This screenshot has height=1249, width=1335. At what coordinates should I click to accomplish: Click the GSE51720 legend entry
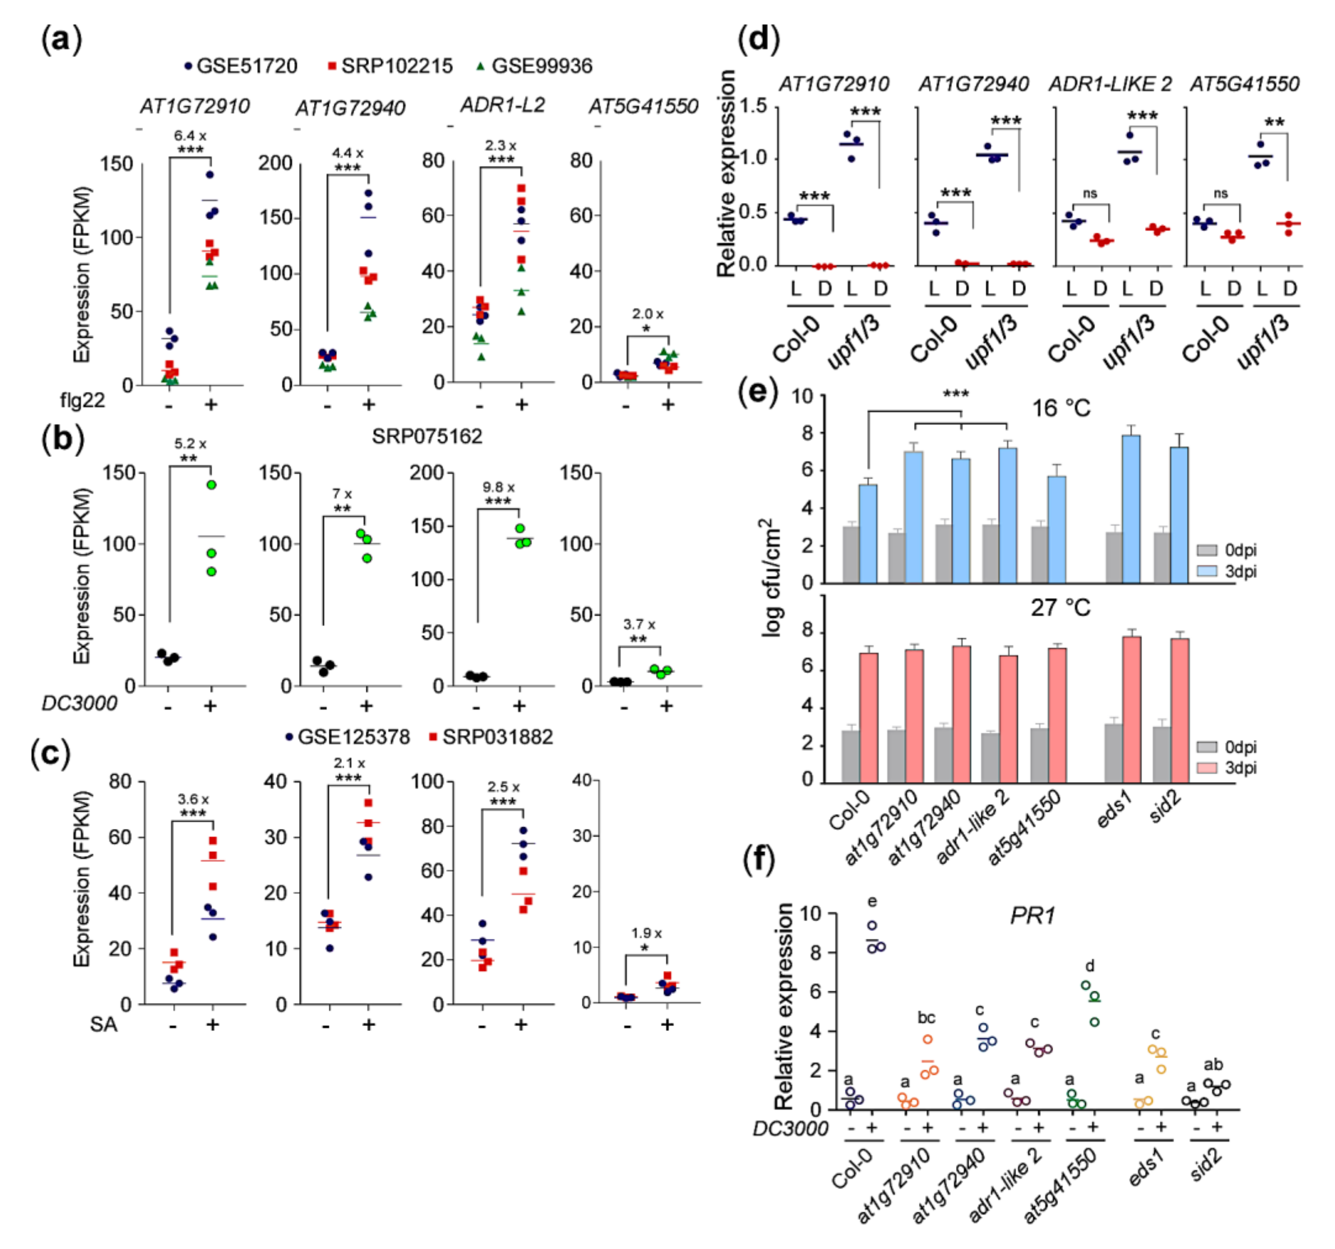pos(240,66)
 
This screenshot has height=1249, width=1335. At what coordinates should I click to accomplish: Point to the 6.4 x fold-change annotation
pos(190,136)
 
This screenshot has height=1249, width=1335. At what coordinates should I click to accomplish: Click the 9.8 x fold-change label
pos(498,487)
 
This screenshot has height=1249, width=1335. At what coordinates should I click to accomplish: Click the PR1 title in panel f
pos(1032,915)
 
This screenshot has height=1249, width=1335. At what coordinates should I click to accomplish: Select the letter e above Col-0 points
pos(872,901)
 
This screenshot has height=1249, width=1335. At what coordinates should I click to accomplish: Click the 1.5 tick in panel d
pos(753,106)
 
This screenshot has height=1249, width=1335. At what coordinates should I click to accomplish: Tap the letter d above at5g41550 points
pos(1089,966)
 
